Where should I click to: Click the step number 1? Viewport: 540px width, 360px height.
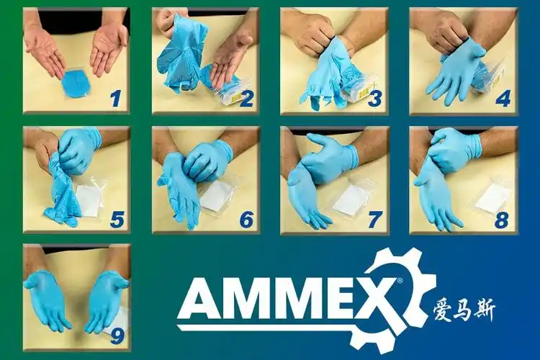[115, 97]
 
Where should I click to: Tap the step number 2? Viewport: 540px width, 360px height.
[246, 98]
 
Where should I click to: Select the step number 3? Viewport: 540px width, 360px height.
[374, 98]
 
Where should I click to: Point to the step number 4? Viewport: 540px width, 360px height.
[503, 98]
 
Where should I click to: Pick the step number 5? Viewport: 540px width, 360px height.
[117, 220]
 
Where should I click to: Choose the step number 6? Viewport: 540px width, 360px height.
[246, 220]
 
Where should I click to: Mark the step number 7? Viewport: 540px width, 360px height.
[375, 220]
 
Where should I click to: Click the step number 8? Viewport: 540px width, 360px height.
[501, 220]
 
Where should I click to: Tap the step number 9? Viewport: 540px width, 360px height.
[117, 336]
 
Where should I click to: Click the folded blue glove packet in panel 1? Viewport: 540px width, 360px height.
[75, 84]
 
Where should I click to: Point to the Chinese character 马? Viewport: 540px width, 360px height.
[463, 310]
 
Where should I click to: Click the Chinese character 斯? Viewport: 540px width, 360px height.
[485, 310]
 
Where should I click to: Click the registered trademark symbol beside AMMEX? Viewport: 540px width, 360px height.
[400, 281]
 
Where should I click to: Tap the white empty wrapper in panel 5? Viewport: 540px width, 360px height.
[90, 197]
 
